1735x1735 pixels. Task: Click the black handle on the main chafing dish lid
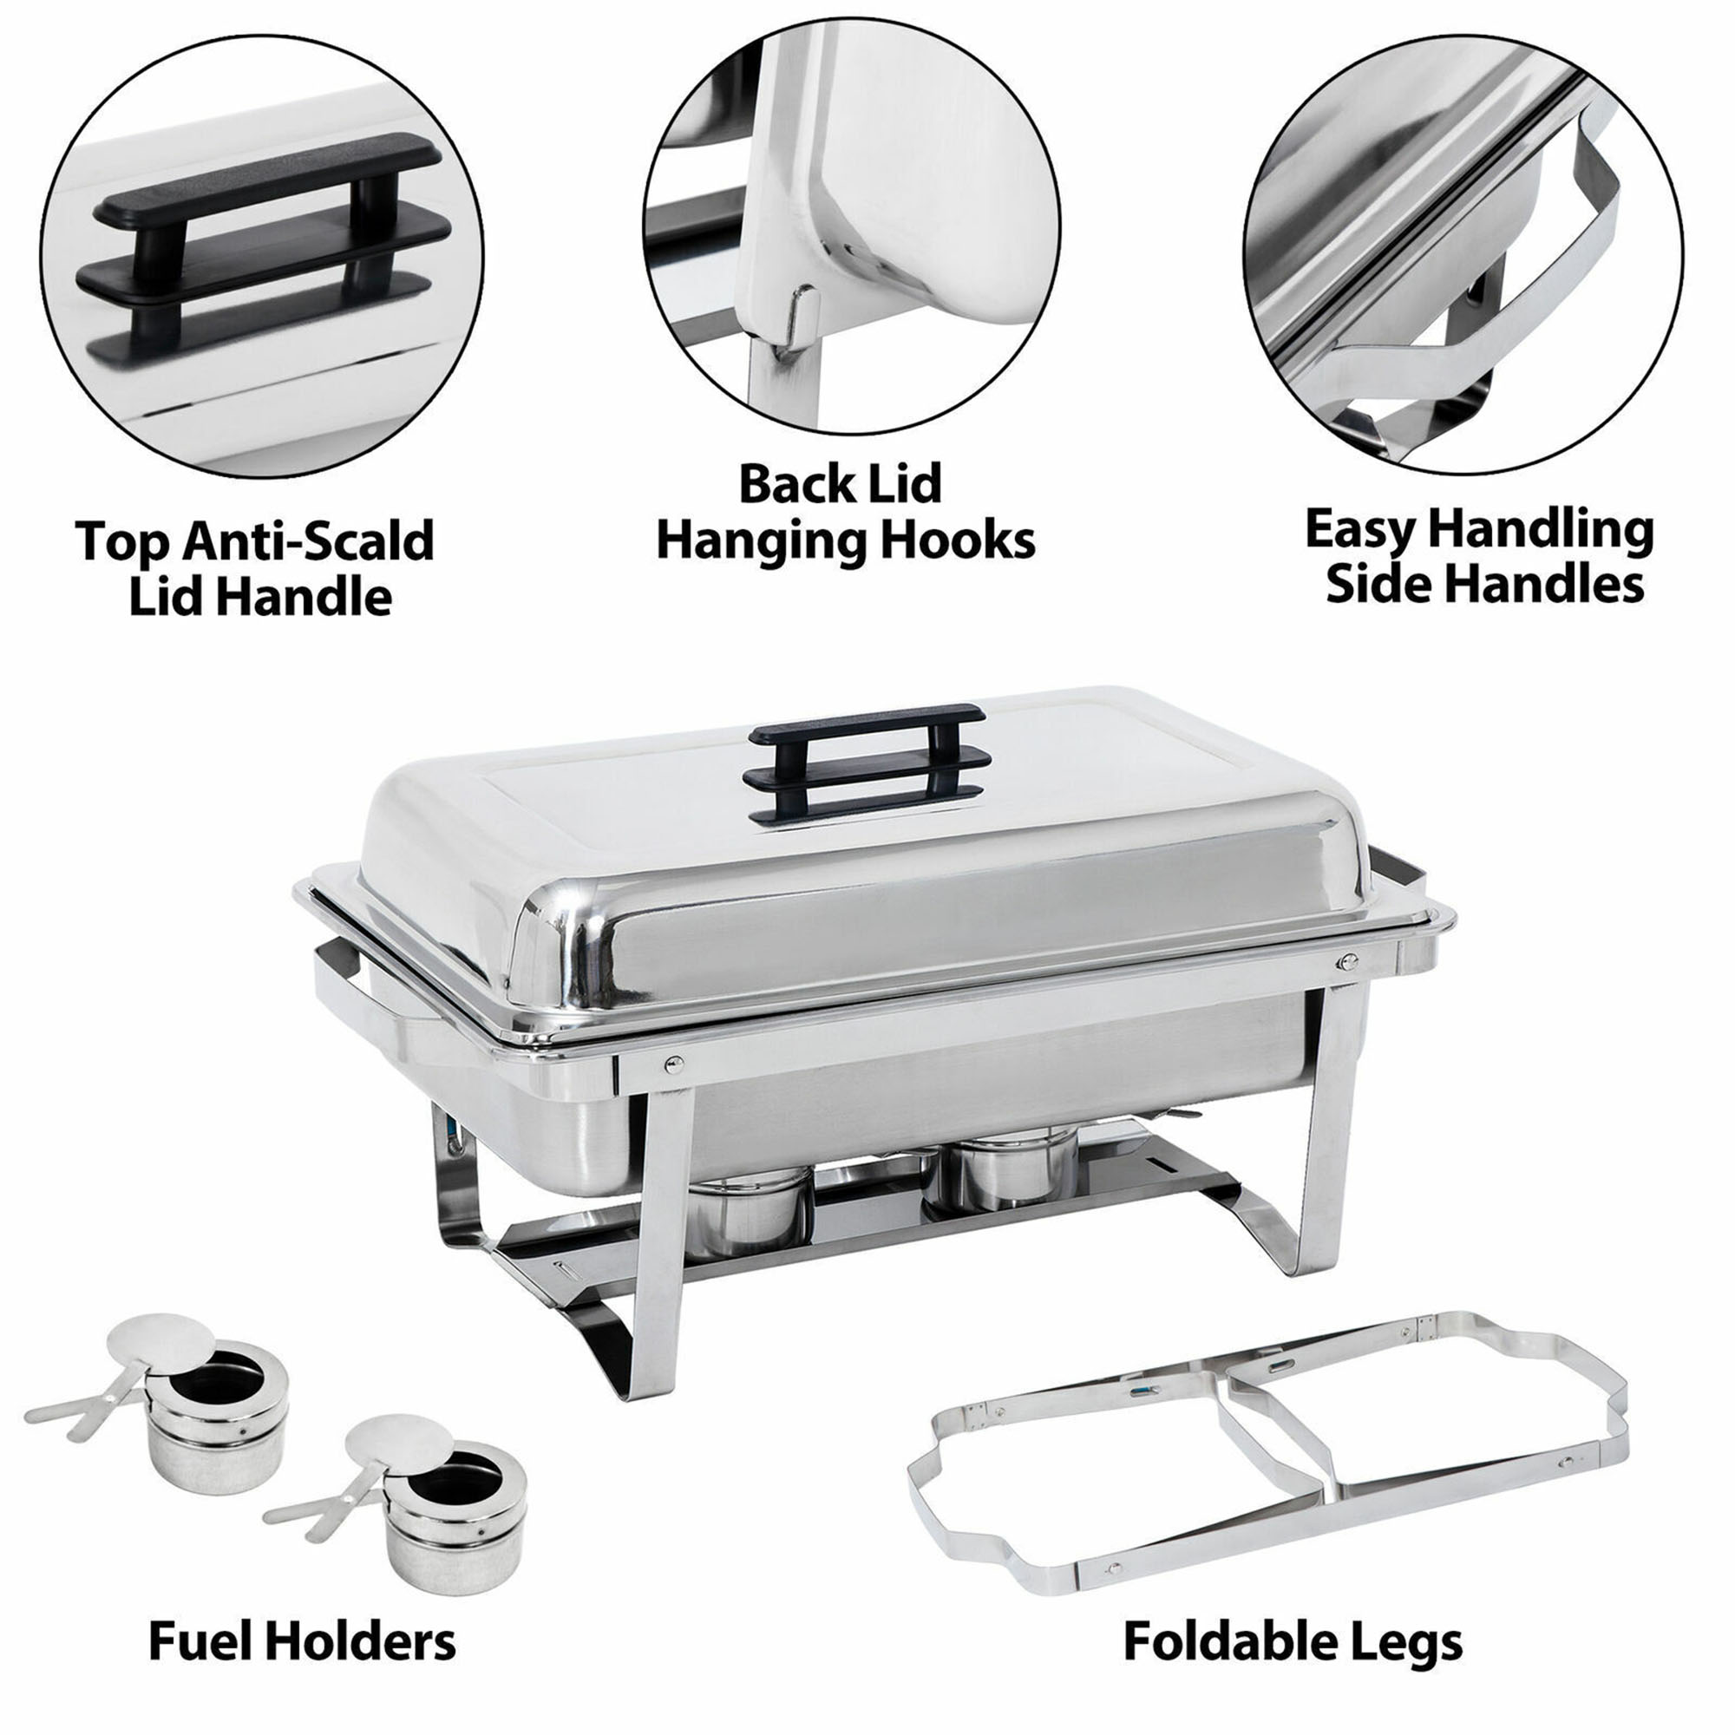[x=868, y=765]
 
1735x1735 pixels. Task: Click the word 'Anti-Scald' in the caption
[x=308, y=541]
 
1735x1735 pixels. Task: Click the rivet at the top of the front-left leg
[x=671, y=1065]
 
